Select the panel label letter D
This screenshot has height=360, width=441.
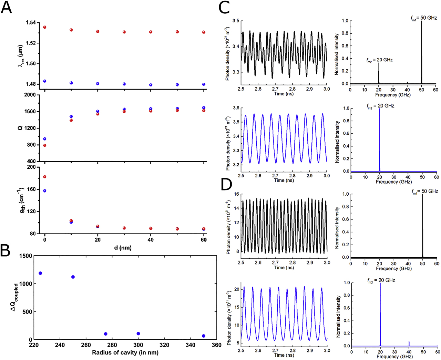coord(226,185)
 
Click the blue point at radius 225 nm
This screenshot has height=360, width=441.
coord(40,273)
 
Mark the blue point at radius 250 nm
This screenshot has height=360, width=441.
coord(73,277)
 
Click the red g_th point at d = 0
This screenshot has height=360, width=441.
coord(44,177)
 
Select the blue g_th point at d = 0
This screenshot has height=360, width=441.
coord(44,191)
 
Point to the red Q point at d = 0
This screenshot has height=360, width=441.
coord(44,145)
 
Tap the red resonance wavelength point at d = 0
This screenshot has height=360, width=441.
coord(44,27)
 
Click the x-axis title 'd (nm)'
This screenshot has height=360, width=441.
coord(123,248)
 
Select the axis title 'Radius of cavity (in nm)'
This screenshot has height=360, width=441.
coord(125,352)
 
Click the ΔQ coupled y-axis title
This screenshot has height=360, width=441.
coord(16,297)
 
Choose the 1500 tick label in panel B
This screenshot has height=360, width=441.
coord(25,256)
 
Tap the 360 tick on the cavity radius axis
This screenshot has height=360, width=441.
coord(216,345)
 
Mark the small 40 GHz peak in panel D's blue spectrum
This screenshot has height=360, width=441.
coord(409,343)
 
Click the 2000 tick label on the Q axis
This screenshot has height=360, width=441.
coord(31,95)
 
